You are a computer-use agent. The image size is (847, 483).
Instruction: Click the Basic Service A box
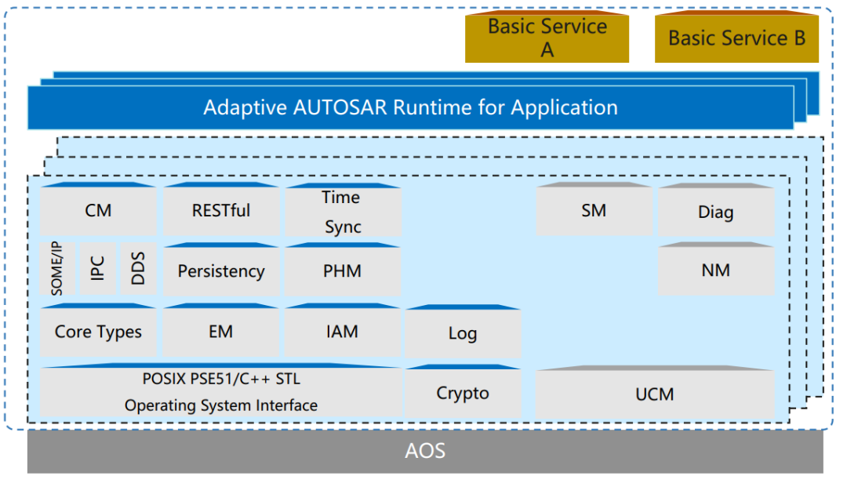point(547,38)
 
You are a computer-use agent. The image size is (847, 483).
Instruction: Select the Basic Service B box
point(736,38)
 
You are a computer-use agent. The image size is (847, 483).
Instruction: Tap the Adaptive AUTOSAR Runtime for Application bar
point(410,107)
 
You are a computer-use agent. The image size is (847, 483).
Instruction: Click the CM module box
point(98,210)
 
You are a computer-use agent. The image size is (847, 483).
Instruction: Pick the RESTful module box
point(220,210)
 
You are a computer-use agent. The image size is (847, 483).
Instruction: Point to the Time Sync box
point(342,211)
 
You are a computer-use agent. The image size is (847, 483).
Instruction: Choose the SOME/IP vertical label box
point(57,269)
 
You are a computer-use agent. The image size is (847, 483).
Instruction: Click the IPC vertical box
point(97,269)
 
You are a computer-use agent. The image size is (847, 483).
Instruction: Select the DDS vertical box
point(138,269)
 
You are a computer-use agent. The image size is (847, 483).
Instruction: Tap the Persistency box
point(220,271)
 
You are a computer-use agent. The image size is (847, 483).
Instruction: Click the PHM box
point(342,271)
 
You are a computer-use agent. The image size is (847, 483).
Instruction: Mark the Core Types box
point(98,332)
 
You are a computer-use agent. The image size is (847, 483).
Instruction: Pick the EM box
point(220,332)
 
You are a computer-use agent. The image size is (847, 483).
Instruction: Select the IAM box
point(342,332)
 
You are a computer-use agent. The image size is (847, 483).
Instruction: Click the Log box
point(462,333)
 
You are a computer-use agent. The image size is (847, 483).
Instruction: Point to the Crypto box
point(462,393)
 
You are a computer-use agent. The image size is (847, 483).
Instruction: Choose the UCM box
point(654,394)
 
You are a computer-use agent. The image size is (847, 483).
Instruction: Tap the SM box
point(594,210)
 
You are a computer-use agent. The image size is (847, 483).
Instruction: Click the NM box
point(715,271)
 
